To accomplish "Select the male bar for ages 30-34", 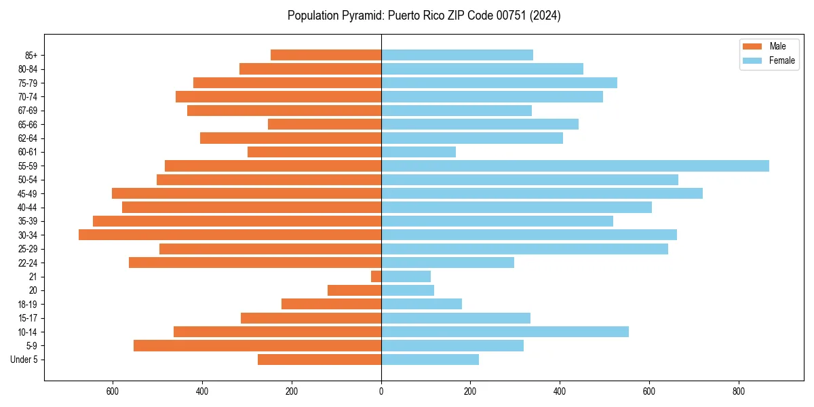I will pyautogui.click(x=230, y=235).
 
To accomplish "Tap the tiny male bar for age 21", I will pyautogui.click(x=376, y=277).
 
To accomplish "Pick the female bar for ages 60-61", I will pyautogui.click(x=419, y=152).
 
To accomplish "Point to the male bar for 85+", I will pyautogui.click(x=326, y=55).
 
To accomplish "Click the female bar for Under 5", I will pyautogui.click(x=430, y=360).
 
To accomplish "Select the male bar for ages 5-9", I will pyautogui.click(x=257, y=346).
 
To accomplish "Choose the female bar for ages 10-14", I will pyautogui.click(x=505, y=332).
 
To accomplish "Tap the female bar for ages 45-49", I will pyautogui.click(x=542, y=194).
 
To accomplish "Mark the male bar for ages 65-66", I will pyautogui.click(x=324, y=124).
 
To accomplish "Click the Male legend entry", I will pyautogui.click(x=769, y=46).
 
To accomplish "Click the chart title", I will pyautogui.click(x=424, y=16).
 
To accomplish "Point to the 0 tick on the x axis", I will pyautogui.click(x=381, y=391).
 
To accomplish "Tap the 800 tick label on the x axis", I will pyautogui.click(x=739, y=391).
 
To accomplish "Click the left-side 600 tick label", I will pyautogui.click(x=113, y=391).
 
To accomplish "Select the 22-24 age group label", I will pyautogui.click(x=28, y=263).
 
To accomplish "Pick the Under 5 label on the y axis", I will pyautogui.click(x=24, y=360).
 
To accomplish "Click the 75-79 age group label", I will pyautogui.click(x=28, y=83).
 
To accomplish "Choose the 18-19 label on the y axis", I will pyautogui.click(x=28, y=305).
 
